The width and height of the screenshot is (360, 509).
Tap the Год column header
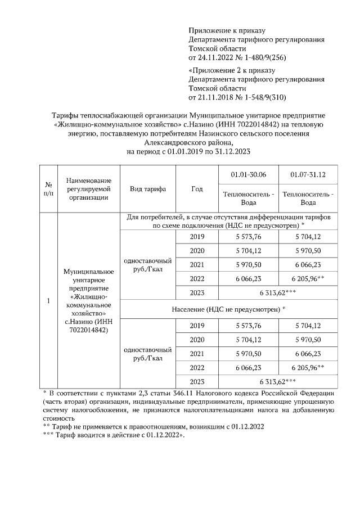pos(197,189)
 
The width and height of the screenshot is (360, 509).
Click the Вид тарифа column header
pos(148,189)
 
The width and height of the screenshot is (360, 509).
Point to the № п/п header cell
pos(48,189)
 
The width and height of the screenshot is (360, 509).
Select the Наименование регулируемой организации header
pos(88,189)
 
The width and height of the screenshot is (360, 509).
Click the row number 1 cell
pos(48,301)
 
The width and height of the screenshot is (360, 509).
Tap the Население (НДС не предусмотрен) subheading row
pos(228,309)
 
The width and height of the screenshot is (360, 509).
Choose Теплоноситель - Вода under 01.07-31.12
pos(308,198)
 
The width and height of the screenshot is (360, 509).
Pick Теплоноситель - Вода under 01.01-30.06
pos(249,198)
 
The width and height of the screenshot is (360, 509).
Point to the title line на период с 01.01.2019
pos(188,152)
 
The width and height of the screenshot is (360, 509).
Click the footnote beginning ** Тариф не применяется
pos(152,427)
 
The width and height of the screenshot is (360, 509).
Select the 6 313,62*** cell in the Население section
pos(278,381)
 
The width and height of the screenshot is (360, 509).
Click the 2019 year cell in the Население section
pos(197,326)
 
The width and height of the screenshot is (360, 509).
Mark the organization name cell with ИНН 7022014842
pos(88,301)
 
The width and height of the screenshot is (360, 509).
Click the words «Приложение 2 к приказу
pos(231,70)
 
